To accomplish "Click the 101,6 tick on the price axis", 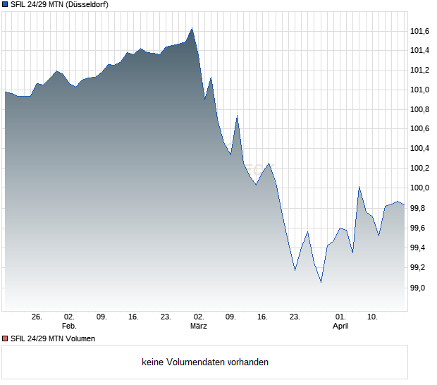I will click(420, 31).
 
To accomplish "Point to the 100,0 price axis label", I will click(420, 188).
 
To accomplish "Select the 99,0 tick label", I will click(419, 288).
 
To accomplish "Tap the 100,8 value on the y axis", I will click(420, 109).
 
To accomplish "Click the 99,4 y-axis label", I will click(419, 248).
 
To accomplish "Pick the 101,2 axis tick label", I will click(420, 70).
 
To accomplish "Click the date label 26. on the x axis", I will click(37, 317).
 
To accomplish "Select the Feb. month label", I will click(69, 326).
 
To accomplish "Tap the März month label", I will click(199, 326).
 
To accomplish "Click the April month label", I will click(340, 326).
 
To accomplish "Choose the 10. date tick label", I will click(372, 317).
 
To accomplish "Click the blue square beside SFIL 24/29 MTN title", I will click(5, 4).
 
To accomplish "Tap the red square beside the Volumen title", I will click(5, 338).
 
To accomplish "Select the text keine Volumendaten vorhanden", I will click(205, 362).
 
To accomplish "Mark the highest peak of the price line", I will click(192, 28).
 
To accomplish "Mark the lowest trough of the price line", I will click(321, 282).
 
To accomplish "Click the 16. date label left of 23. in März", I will click(263, 317).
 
